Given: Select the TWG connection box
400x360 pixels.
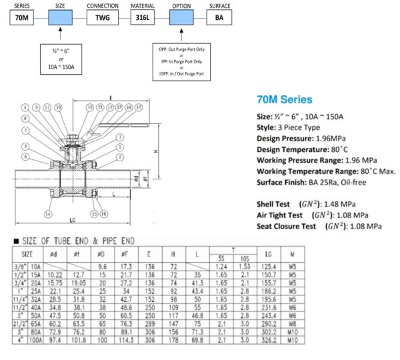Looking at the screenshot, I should (102, 19).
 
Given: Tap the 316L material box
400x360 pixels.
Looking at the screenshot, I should (143, 19).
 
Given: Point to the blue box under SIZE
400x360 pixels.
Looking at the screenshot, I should (61, 19).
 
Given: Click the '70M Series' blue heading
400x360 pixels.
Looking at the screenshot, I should (284, 100).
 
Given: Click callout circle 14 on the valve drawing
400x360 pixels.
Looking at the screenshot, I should (48, 214).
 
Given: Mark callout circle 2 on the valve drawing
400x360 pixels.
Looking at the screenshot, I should (120, 146).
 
